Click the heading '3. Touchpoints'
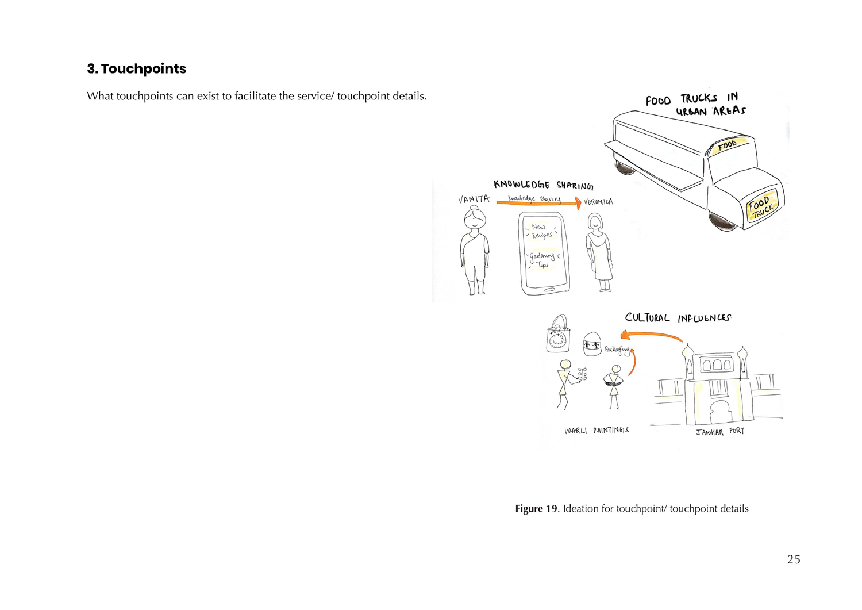click(x=137, y=69)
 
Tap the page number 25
click(x=794, y=559)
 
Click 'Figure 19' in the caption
click(x=536, y=509)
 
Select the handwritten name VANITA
click(x=474, y=199)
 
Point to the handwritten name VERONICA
click(x=598, y=202)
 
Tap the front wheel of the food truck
click(x=722, y=221)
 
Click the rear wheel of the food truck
click(x=625, y=167)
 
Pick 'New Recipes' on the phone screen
click(x=541, y=231)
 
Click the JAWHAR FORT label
click(x=720, y=432)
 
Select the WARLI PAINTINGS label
click(x=597, y=431)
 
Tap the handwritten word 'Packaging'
click(x=617, y=350)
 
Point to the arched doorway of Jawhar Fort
click(x=719, y=413)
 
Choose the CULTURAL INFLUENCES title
click(x=678, y=318)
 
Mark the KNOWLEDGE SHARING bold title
click(x=543, y=185)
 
